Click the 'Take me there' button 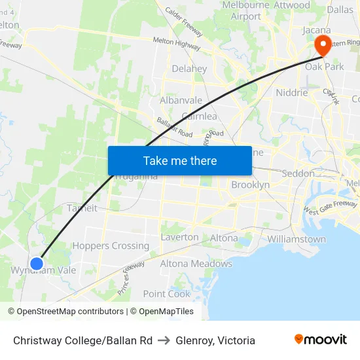coord(179,160)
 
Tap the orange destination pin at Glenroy coord(323,45)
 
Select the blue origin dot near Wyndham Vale coord(37,263)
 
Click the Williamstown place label coord(297,239)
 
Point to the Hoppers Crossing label coord(111,245)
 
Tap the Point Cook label coord(166,294)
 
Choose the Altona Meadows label coord(196,264)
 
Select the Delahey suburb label coord(189,68)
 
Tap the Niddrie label coord(292,92)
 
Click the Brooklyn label coord(250,185)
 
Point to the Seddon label coord(298,173)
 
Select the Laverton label coord(179,237)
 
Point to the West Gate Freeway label coord(330,208)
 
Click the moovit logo coord(321,340)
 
